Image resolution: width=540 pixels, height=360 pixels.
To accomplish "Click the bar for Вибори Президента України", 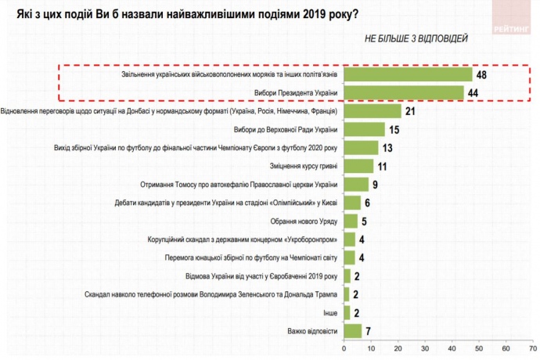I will pyautogui.click(x=404, y=93).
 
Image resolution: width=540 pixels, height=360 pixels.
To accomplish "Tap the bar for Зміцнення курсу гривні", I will pyautogui.click(x=358, y=166).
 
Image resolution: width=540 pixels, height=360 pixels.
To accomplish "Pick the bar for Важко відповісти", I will pyautogui.click(x=353, y=330).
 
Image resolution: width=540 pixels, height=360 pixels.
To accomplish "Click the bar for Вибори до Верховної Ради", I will pyautogui.click(x=364, y=129).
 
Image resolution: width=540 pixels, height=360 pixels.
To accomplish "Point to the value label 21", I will pyautogui.click(x=409, y=111).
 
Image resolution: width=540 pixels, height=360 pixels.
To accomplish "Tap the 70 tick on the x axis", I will pyautogui.click(x=533, y=347).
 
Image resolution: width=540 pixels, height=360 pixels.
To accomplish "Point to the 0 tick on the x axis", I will pyautogui.click(x=344, y=347).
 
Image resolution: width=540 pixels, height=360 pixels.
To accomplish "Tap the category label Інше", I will pyautogui.click(x=331, y=312).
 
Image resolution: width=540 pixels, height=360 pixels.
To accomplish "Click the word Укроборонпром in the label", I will pyautogui.click(x=312, y=239).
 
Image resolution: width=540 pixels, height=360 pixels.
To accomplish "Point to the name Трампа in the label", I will pyautogui.click(x=324, y=294).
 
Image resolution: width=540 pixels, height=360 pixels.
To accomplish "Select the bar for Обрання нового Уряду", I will pyautogui.click(x=351, y=221).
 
